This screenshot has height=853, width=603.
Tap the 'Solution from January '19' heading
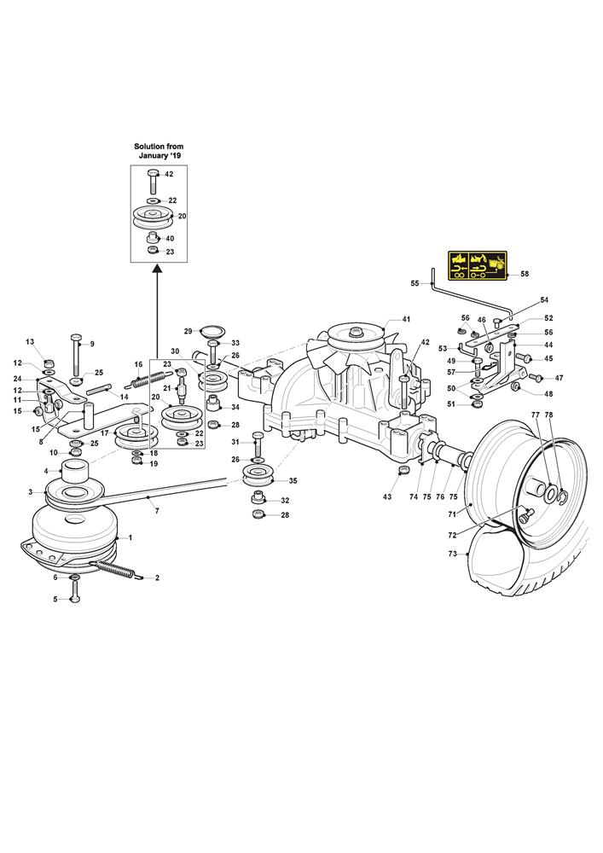[159, 153]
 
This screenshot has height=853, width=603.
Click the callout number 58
[525, 274]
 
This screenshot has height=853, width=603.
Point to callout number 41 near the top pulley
[407, 319]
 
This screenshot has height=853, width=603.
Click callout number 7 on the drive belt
[156, 509]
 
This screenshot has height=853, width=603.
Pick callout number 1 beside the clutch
[130, 537]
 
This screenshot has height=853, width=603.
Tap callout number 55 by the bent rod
[415, 283]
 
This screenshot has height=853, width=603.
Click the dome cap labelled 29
[209, 331]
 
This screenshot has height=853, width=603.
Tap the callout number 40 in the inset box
[169, 238]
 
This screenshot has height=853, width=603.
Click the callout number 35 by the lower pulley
[293, 480]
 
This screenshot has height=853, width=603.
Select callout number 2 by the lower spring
[157, 577]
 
